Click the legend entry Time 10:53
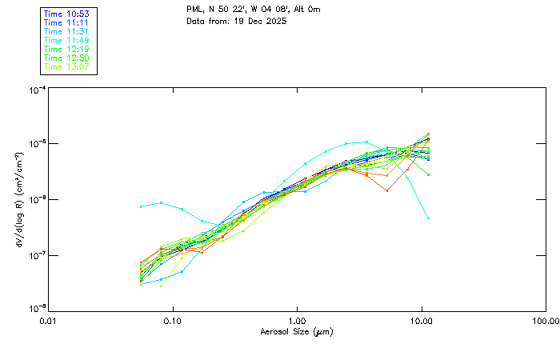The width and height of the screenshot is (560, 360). (x=66, y=14)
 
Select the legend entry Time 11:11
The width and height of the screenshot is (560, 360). (x=66, y=23)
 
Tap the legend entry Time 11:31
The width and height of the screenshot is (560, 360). (x=66, y=32)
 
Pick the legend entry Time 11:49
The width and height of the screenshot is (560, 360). (x=66, y=41)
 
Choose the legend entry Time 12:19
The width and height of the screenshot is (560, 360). (x=66, y=50)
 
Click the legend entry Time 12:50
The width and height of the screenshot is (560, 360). (x=66, y=58)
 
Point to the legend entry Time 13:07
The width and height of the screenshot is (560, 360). (x=66, y=67)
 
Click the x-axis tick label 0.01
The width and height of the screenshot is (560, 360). (x=48, y=322)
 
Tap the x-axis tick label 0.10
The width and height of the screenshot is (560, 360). (x=172, y=322)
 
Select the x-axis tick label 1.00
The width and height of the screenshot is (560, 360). (x=297, y=322)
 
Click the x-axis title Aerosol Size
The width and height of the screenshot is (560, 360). (x=296, y=332)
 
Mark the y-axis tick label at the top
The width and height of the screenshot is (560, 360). (x=38, y=90)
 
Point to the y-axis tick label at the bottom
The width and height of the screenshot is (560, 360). (x=38, y=309)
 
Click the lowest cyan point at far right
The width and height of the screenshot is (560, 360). (x=429, y=218)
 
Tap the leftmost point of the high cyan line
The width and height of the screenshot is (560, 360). (x=141, y=206)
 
